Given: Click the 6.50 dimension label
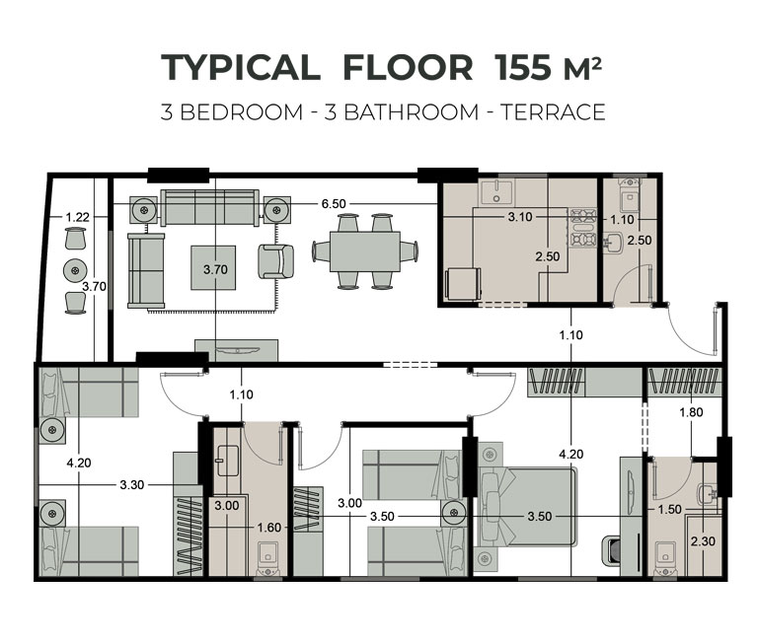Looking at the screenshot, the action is pyautogui.click(x=334, y=204).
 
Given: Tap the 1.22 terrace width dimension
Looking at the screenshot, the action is pyautogui.click(x=77, y=217).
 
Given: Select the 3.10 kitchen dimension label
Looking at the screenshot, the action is pyautogui.click(x=520, y=217).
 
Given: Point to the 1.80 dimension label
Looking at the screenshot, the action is pyautogui.click(x=691, y=412).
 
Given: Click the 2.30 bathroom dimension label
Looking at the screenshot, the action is pyautogui.click(x=703, y=541).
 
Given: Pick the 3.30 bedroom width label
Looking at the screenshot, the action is pyautogui.click(x=132, y=484).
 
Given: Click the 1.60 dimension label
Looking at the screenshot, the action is pyautogui.click(x=268, y=527).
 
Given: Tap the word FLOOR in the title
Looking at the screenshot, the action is pyautogui.click(x=408, y=67).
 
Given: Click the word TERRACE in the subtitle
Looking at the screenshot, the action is pyautogui.click(x=553, y=112).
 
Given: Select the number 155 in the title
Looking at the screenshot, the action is pyautogui.click(x=523, y=67).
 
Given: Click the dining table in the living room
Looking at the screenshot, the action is pyautogui.click(x=365, y=251).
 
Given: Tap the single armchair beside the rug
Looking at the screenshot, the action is pyautogui.click(x=276, y=261).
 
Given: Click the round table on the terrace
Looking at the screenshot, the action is pyautogui.click(x=75, y=270).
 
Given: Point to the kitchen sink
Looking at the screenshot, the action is pyautogui.click(x=496, y=190).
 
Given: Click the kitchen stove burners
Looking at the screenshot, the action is pyautogui.click(x=583, y=228).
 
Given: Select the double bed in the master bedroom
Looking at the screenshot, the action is pyautogui.click(x=527, y=506).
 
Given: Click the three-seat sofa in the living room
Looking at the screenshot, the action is pyautogui.click(x=209, y=207).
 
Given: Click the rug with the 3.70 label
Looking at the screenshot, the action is pyautogui.click(x=213, y=267).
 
